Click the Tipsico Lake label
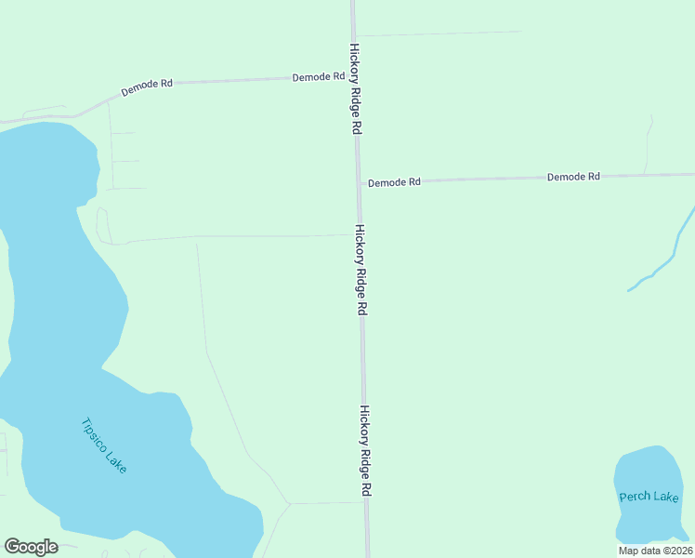tap(103, 445)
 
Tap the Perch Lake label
tap(649, 497)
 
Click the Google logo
tap(32, 547)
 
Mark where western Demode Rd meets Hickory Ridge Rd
tap(354, 77)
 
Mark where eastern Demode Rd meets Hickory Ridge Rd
tap(359, 181)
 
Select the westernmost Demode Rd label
tap(147, 89)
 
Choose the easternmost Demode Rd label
tap(573, 176)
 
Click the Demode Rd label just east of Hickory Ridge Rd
tap(394, 182)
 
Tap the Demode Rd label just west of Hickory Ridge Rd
tap(319, 77)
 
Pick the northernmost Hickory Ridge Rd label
tap(354, 89)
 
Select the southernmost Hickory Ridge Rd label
tap(366, 450)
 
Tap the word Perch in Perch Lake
tap(635, 497)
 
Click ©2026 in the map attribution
tap(675, 551)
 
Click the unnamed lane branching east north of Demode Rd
tap(437, 33)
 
